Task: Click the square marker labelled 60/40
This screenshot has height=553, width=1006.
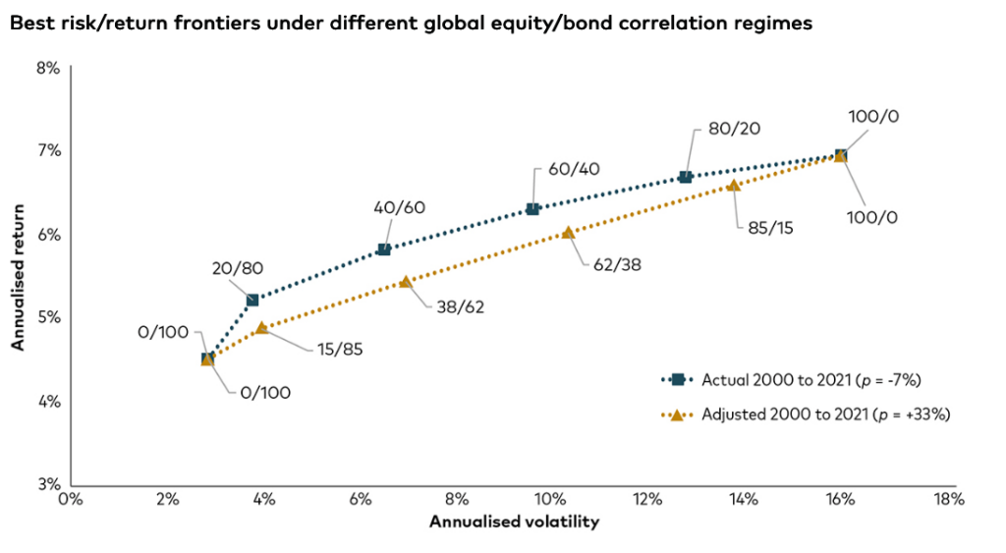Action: [x=532, y=209]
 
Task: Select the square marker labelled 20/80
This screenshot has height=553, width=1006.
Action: [x=252, y=300]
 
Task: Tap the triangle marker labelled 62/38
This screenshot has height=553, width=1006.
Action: [x=568, y=232]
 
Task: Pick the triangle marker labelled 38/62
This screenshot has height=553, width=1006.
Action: [x=406, y=282]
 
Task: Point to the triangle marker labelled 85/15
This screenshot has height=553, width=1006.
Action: [x=733, y=185]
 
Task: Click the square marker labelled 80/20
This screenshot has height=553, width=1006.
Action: [x=685, y=177]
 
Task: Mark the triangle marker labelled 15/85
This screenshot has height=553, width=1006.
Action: [x=261, y=328]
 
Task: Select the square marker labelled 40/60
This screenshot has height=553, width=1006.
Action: [x=384, y=249]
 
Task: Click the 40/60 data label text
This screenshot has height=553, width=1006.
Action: [x=399, y=208]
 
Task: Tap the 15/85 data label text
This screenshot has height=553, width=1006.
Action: [x=339, y=350]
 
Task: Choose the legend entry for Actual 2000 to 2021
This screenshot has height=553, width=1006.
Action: [x=791, y=380]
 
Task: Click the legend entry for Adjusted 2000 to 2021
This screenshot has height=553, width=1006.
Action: [x=806, y=415]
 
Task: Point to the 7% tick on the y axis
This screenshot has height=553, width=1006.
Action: [x=49, y=150]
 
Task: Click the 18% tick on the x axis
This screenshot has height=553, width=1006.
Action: [x=950, y=499]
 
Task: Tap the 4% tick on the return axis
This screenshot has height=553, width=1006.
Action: [x=49, y=402]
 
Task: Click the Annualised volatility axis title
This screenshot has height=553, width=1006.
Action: [x=514, y=522]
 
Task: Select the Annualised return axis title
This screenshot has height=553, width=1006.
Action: [x=18, y=277]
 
